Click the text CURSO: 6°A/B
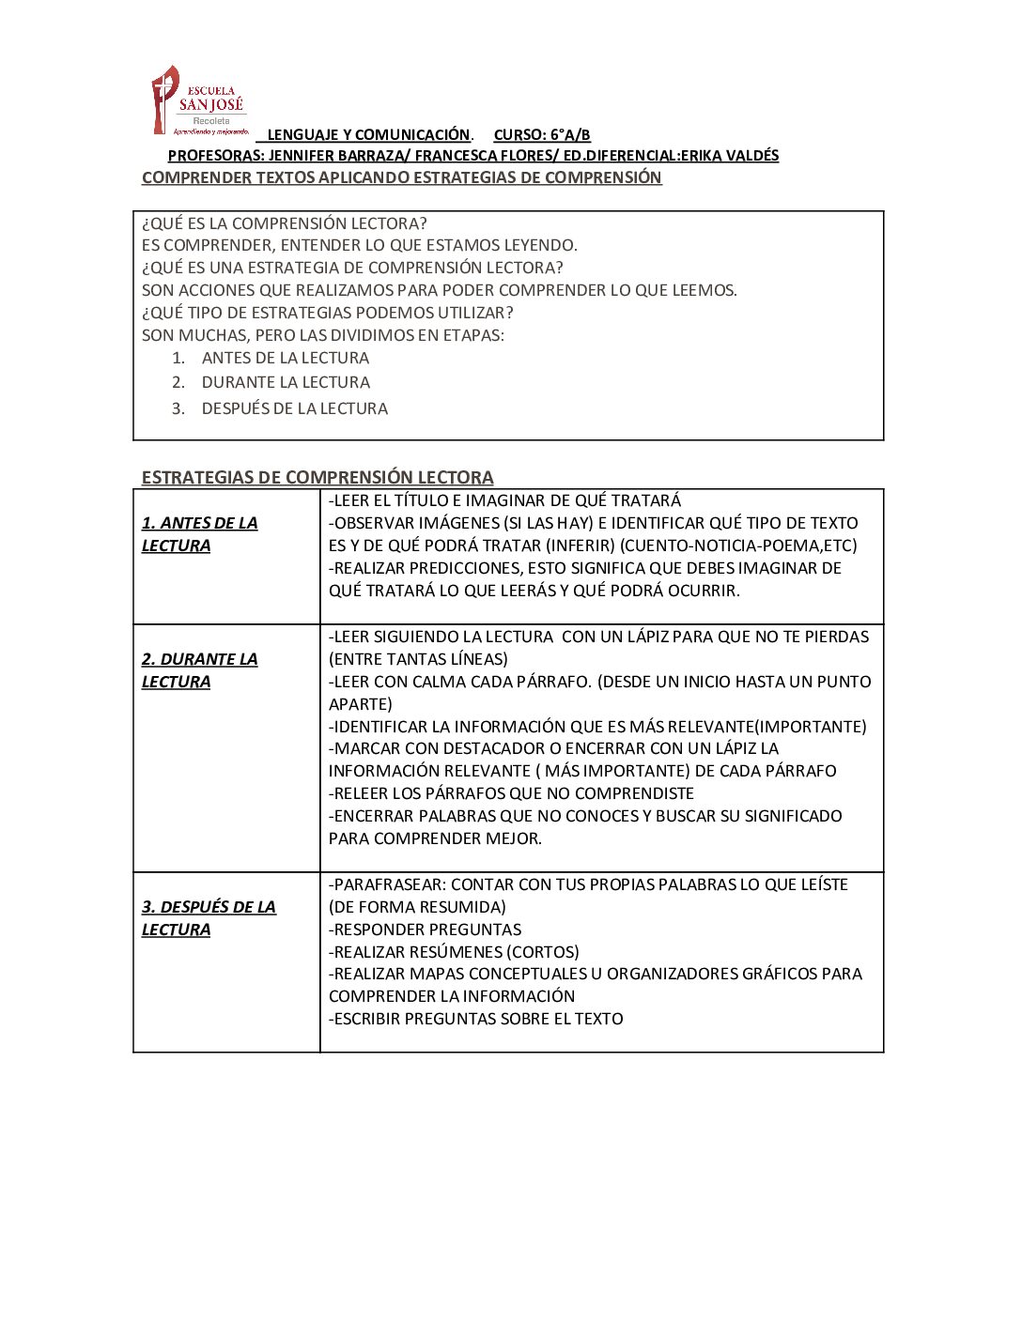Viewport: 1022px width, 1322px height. coord(542,135)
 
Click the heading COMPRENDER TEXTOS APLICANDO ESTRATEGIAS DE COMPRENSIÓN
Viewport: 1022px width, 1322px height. coord(401,178)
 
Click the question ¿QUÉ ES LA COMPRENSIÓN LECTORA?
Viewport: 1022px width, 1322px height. coord(284,223)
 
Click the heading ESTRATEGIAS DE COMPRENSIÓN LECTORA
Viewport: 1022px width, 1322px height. coord(317,477)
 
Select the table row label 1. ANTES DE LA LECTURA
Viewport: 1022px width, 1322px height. coord(199,534)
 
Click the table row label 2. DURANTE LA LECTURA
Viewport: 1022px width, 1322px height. coord(199,670)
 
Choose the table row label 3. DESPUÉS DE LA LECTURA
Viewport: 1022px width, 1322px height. coord(209,918)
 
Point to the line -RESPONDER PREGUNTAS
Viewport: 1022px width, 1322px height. coord(426,930)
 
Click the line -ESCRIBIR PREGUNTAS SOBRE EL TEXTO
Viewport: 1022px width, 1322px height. coord(476,1019)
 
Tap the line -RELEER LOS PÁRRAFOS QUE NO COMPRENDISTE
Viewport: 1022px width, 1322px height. coord(511,793)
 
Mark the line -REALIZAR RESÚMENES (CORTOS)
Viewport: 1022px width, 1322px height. coord(454,952)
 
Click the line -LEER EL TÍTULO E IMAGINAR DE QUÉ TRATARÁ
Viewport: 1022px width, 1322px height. coord(504,501)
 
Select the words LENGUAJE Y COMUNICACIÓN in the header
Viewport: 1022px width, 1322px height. coord(368,135)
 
